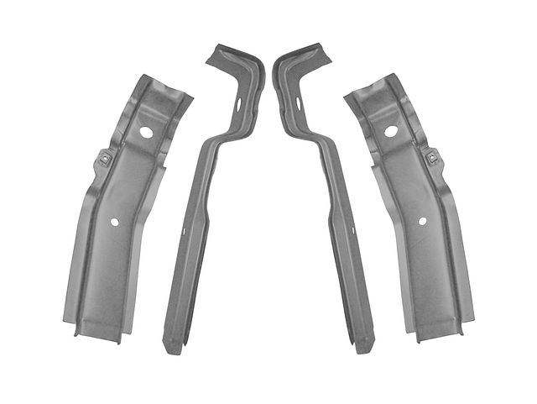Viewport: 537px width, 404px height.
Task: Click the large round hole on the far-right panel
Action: pyautogui.click(x=390, y=132)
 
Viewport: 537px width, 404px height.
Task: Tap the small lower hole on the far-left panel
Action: pyautogui.click(x=115, y=222)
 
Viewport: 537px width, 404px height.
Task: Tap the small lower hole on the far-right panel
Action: pyautogui.click(x=422, y=222)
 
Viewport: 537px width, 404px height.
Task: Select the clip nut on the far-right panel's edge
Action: pyautogui.click(x=431, y=156)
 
